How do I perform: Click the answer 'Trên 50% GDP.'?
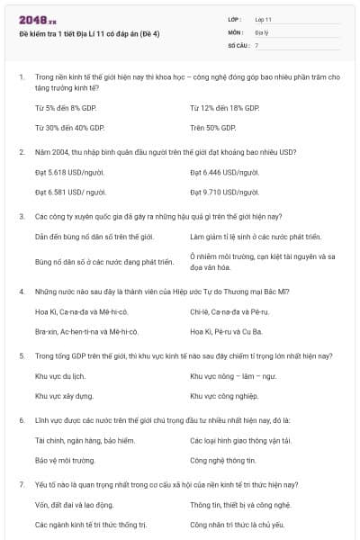[211, 128]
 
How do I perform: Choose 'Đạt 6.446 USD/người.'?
[222, 172]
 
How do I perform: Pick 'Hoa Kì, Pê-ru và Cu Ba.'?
[229, 331]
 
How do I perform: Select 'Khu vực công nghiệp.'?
[224, 395]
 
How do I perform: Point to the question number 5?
[21, 355]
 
